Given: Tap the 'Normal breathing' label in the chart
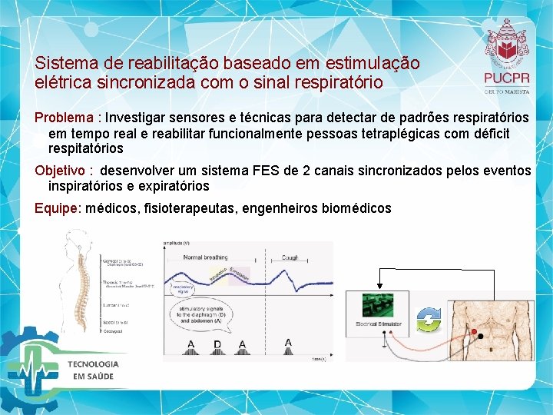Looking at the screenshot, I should point(205,257).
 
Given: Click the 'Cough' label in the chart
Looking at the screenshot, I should point(290,257).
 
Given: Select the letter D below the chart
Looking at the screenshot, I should point(217,344).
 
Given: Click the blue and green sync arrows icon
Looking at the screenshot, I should point(429,319).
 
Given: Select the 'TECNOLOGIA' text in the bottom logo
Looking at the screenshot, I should point(93,364).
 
